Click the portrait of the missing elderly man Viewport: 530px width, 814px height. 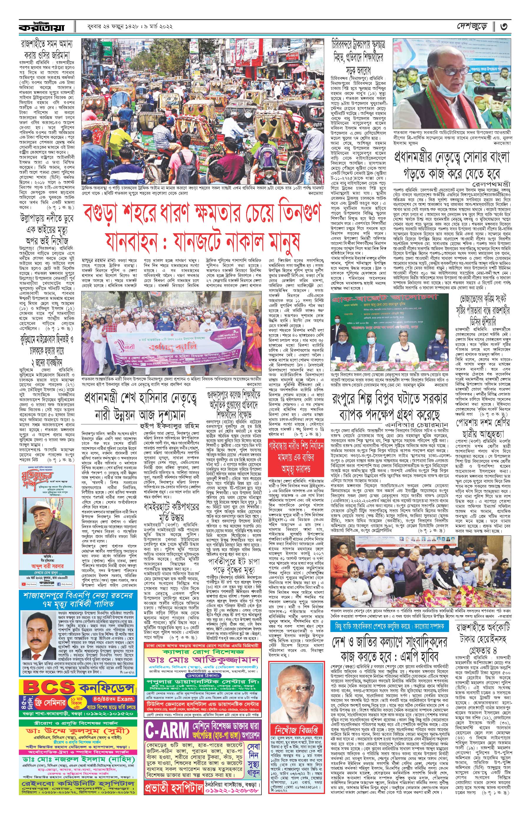click(296, 689)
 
